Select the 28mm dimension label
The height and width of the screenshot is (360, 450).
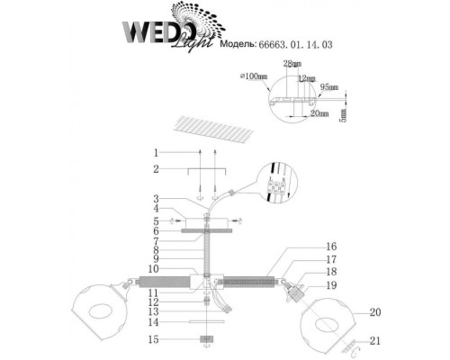pyautogui.click(x=291, y=66)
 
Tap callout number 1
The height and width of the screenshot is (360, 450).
pyautogui.click(x=155, y=152)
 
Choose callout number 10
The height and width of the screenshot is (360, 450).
pyautogui.click(x=155, y=269)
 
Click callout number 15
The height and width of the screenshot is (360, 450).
pyautogui.click(x=155, y=339)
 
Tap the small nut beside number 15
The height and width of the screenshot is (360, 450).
pyautogui.click(x=206, y=339)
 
